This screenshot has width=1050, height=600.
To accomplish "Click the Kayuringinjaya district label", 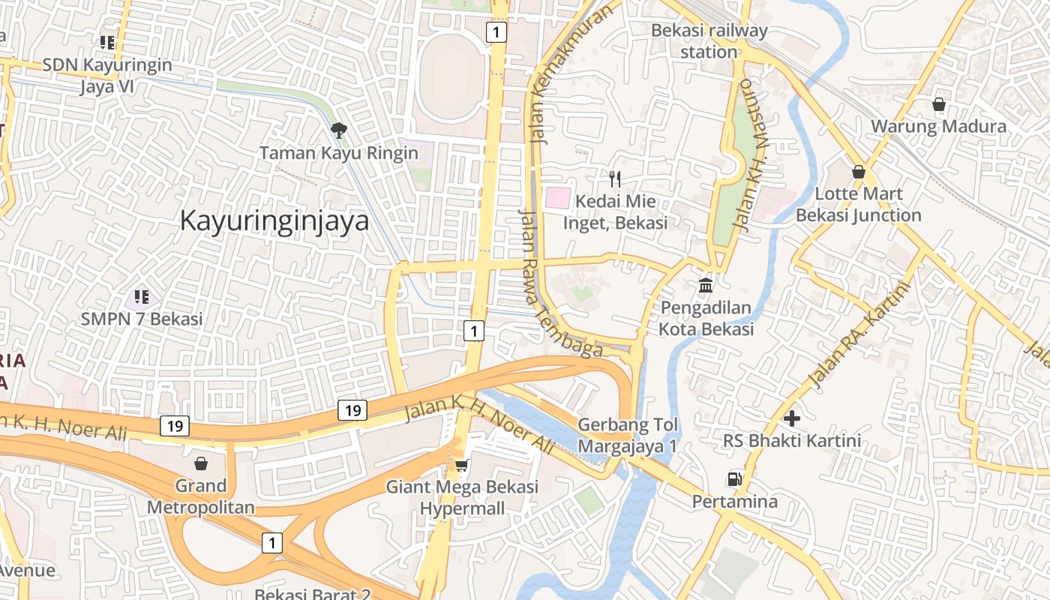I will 274,221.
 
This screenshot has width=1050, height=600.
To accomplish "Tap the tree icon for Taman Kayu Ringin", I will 339,130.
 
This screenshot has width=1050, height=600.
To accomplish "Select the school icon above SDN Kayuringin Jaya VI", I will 107,43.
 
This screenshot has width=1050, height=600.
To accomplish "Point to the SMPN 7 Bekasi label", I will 142,319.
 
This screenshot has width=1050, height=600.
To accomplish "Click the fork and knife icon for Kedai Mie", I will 615,178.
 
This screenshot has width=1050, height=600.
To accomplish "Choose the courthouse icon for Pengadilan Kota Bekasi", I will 706,285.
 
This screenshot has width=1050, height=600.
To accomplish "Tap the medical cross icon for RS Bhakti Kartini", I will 791,418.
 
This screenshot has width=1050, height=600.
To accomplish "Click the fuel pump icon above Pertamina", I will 734,478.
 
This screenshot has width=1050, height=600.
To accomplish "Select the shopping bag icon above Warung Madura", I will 938,104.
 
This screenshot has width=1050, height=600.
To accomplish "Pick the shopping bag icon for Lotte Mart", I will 858,172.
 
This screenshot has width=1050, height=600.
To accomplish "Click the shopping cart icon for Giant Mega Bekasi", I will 462,465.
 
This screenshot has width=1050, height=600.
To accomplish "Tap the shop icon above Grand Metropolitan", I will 200,463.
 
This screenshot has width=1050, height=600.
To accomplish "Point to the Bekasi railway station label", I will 709,41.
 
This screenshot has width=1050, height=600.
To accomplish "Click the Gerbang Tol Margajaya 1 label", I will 628,435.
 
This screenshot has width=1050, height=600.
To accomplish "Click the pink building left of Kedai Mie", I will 556,198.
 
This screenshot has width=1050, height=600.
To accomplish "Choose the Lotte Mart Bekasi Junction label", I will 858,204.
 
